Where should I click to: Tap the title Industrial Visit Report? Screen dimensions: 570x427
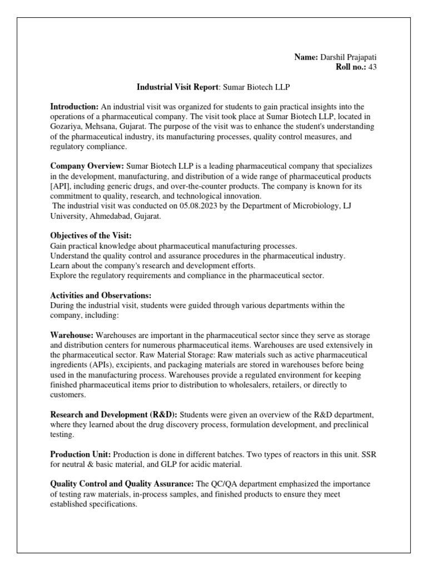click(x=177, y=87)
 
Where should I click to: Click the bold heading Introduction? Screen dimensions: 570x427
click(x=75, y=106)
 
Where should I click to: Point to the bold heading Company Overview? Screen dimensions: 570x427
click(x=87, y=166)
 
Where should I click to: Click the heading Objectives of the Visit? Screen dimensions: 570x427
click(x=91, y=236)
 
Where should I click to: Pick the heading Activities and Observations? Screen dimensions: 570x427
click(x=101, y=295)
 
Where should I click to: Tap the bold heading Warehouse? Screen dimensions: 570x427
click(x=72, y=336)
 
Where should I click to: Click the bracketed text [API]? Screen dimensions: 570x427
click(x=62, y=186)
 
